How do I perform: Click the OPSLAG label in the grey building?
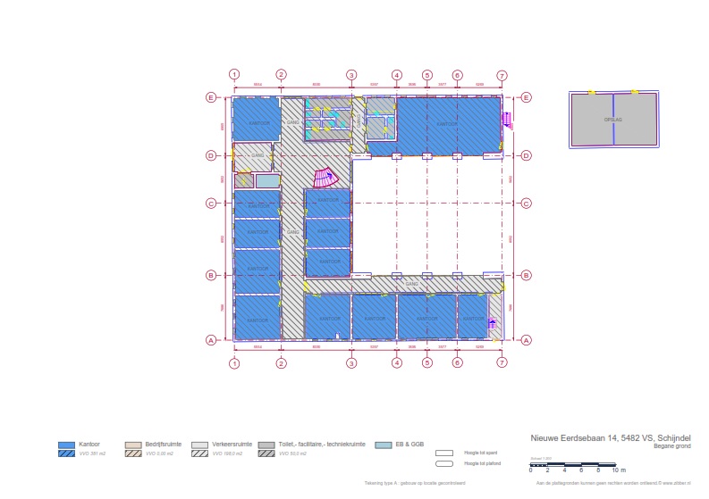[x=612, y=118]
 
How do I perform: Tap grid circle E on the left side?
[x=211, y=97]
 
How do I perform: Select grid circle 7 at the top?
[x=502, y=75]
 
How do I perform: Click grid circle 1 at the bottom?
[x=234, y=363]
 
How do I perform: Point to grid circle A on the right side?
[x=527, y=340]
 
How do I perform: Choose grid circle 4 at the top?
[x=396, y=75]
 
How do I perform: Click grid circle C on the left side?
[x=211, y=204]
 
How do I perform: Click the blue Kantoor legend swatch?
[x=66, y=445]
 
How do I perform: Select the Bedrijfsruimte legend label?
[x=163, y=444]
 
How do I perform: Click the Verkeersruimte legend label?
[x=236, y=444]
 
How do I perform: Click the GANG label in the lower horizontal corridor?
[x=412, y=284]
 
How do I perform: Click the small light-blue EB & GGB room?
[x=267, y=180]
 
